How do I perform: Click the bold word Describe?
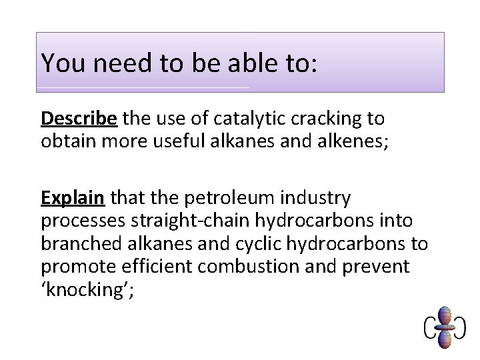(x=79, y=119)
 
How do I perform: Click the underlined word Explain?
(x=73, y=198)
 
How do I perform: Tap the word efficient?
(x=157, y=267)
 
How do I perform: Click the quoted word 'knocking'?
(x=87, y=289)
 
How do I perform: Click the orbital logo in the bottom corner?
(x=443, y=327)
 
